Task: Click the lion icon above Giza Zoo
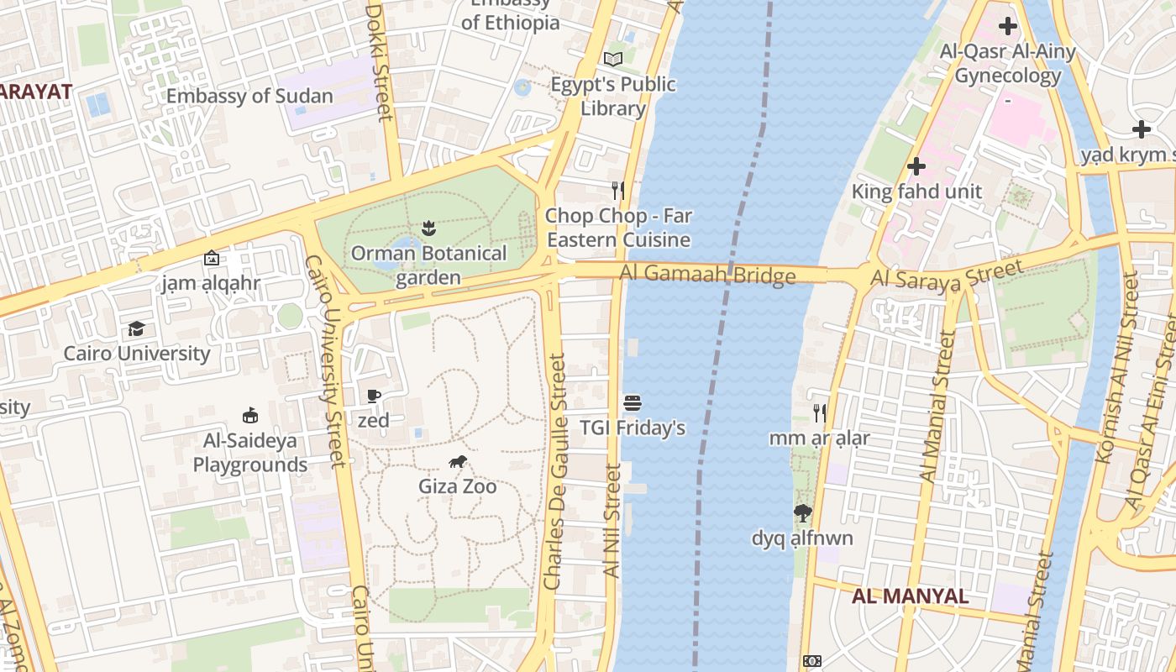[457, 461]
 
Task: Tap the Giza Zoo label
[457, 486]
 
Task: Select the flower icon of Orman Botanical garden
[428, 228]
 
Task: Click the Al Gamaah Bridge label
[707, 274]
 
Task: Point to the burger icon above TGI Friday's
[633, 403]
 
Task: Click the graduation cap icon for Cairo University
[136, 328]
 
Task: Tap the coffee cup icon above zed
[374, 396]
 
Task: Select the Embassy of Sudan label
[249, 96]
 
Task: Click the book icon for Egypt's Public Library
[613, 60]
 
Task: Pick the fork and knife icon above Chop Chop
[618, 191]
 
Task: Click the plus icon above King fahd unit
[916, 166]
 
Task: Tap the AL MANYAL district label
[910, 596]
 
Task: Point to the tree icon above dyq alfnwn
[802, 512]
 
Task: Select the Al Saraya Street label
[947, 275]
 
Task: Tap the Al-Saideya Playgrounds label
[250, 453]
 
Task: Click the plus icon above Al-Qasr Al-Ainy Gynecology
[1007, 26]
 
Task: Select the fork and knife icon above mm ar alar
[819, 412]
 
